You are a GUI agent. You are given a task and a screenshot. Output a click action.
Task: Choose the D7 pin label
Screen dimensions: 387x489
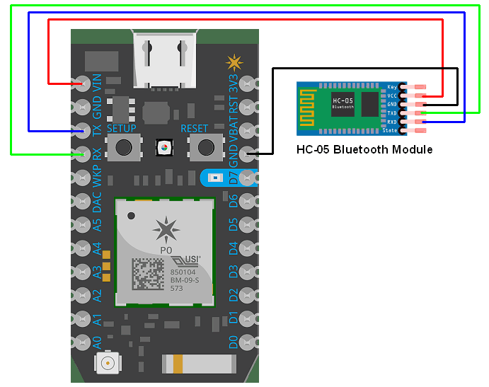tap(233, 177)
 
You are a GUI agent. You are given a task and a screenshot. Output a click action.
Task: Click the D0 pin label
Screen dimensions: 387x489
tap(233, 342)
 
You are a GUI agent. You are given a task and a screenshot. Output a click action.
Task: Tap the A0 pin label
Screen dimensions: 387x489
tap(97, 342)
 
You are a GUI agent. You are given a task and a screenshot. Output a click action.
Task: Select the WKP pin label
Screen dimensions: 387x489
tap(97, 178)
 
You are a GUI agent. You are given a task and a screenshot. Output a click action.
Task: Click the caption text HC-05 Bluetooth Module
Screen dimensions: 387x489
tap(364, 149)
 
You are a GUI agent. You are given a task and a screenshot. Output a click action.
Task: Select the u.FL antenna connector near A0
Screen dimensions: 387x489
tap(108, 364)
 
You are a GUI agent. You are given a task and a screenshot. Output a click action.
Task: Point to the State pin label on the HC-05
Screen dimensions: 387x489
tap(390, 131)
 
